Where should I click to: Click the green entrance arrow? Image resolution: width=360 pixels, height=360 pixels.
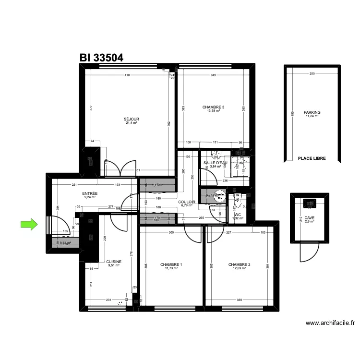tap(29, 224)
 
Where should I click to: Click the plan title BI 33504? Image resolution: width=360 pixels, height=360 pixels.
tap(101, 58)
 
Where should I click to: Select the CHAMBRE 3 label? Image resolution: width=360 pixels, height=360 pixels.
tap(213, 107)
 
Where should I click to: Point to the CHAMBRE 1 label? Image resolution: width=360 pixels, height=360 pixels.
tap(171, 264)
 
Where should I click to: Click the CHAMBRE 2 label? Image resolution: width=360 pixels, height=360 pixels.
tap(240, 264)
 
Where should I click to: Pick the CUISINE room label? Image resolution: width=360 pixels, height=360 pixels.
tap(114, 262)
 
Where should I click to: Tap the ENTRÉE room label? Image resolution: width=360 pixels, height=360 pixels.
tap(90, 193)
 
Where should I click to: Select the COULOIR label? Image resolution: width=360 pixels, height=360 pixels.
tap(186, 202)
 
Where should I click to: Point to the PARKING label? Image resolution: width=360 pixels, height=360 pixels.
tap(312, 112)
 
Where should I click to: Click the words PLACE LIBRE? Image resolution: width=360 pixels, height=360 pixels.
tap(312, 158)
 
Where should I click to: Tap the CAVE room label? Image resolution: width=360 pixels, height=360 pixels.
tap(310, 217)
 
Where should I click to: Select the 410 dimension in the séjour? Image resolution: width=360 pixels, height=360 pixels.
tap(127, 75)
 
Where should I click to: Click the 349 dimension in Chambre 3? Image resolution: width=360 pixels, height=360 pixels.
tap(213, 75)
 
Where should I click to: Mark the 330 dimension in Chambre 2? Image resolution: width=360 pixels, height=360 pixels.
tap(239, 300)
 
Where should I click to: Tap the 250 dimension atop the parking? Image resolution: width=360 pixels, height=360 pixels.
tap(312, 73)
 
